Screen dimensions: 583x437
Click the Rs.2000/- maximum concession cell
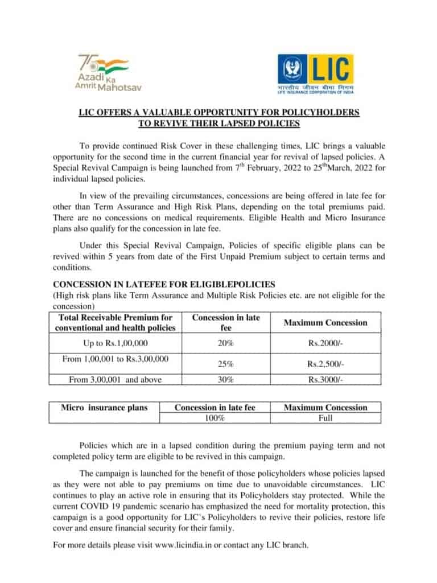coord(325,344)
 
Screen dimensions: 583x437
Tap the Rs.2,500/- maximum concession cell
coord(325,364)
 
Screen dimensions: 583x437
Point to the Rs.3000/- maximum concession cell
coord(325,380)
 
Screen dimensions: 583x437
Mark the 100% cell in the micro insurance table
coord(215,418)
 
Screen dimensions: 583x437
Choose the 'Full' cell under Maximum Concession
coord(325,418)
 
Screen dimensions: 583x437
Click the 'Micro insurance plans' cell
coord(104,408)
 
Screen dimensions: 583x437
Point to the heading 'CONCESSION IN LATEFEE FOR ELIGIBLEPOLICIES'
coord(164,284)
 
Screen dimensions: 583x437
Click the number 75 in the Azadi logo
coord(86,61)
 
